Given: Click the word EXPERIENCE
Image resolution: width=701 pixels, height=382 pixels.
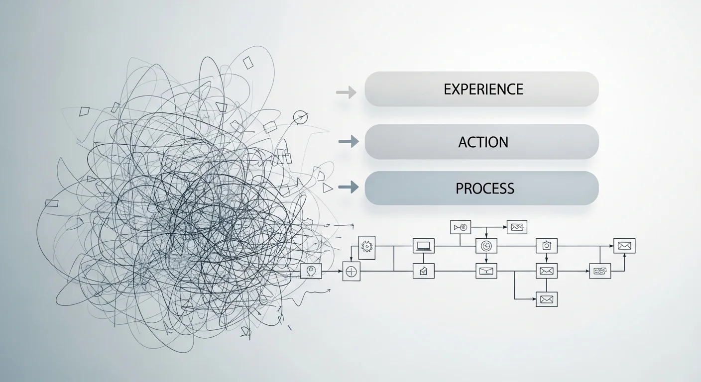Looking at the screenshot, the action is [483, 89].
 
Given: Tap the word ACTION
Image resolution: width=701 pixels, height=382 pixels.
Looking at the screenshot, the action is [483, 142].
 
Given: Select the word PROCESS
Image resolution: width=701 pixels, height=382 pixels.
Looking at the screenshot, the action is [485, 189].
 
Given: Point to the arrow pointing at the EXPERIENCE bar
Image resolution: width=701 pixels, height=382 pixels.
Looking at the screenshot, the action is [346, 92].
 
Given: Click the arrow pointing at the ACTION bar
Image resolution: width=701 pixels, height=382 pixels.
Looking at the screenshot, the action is [349, 142].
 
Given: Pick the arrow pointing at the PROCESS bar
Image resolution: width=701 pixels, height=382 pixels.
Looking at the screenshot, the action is [349, 187].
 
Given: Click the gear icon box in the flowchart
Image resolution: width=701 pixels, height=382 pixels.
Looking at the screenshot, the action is [367, 248].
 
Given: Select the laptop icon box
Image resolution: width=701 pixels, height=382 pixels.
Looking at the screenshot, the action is [423, 246].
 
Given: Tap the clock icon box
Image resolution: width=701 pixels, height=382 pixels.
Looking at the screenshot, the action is [486, 246].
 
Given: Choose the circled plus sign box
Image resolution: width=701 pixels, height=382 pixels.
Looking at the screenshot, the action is [351, 272].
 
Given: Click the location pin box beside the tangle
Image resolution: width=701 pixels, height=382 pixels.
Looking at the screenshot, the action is [311, 271].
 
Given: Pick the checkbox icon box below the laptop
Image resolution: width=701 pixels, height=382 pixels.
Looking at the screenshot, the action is [423, 271].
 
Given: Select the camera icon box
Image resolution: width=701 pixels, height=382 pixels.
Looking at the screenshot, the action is [546, 246].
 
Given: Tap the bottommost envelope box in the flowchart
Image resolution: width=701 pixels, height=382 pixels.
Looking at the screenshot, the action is [546, 299].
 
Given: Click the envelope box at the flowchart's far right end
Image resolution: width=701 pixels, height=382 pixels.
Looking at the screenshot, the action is [624, 246].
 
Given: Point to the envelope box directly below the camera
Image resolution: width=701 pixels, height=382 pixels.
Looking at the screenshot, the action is [546, 271].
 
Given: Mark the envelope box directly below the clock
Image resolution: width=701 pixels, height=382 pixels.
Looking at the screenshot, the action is [486, 271].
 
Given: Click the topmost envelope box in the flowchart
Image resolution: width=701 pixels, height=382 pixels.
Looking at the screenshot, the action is [517, 227].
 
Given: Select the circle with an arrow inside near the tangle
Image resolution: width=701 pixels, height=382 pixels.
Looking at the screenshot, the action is [300, 117].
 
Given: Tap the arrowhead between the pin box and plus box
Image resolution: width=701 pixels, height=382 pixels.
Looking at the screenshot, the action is [341, 271].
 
